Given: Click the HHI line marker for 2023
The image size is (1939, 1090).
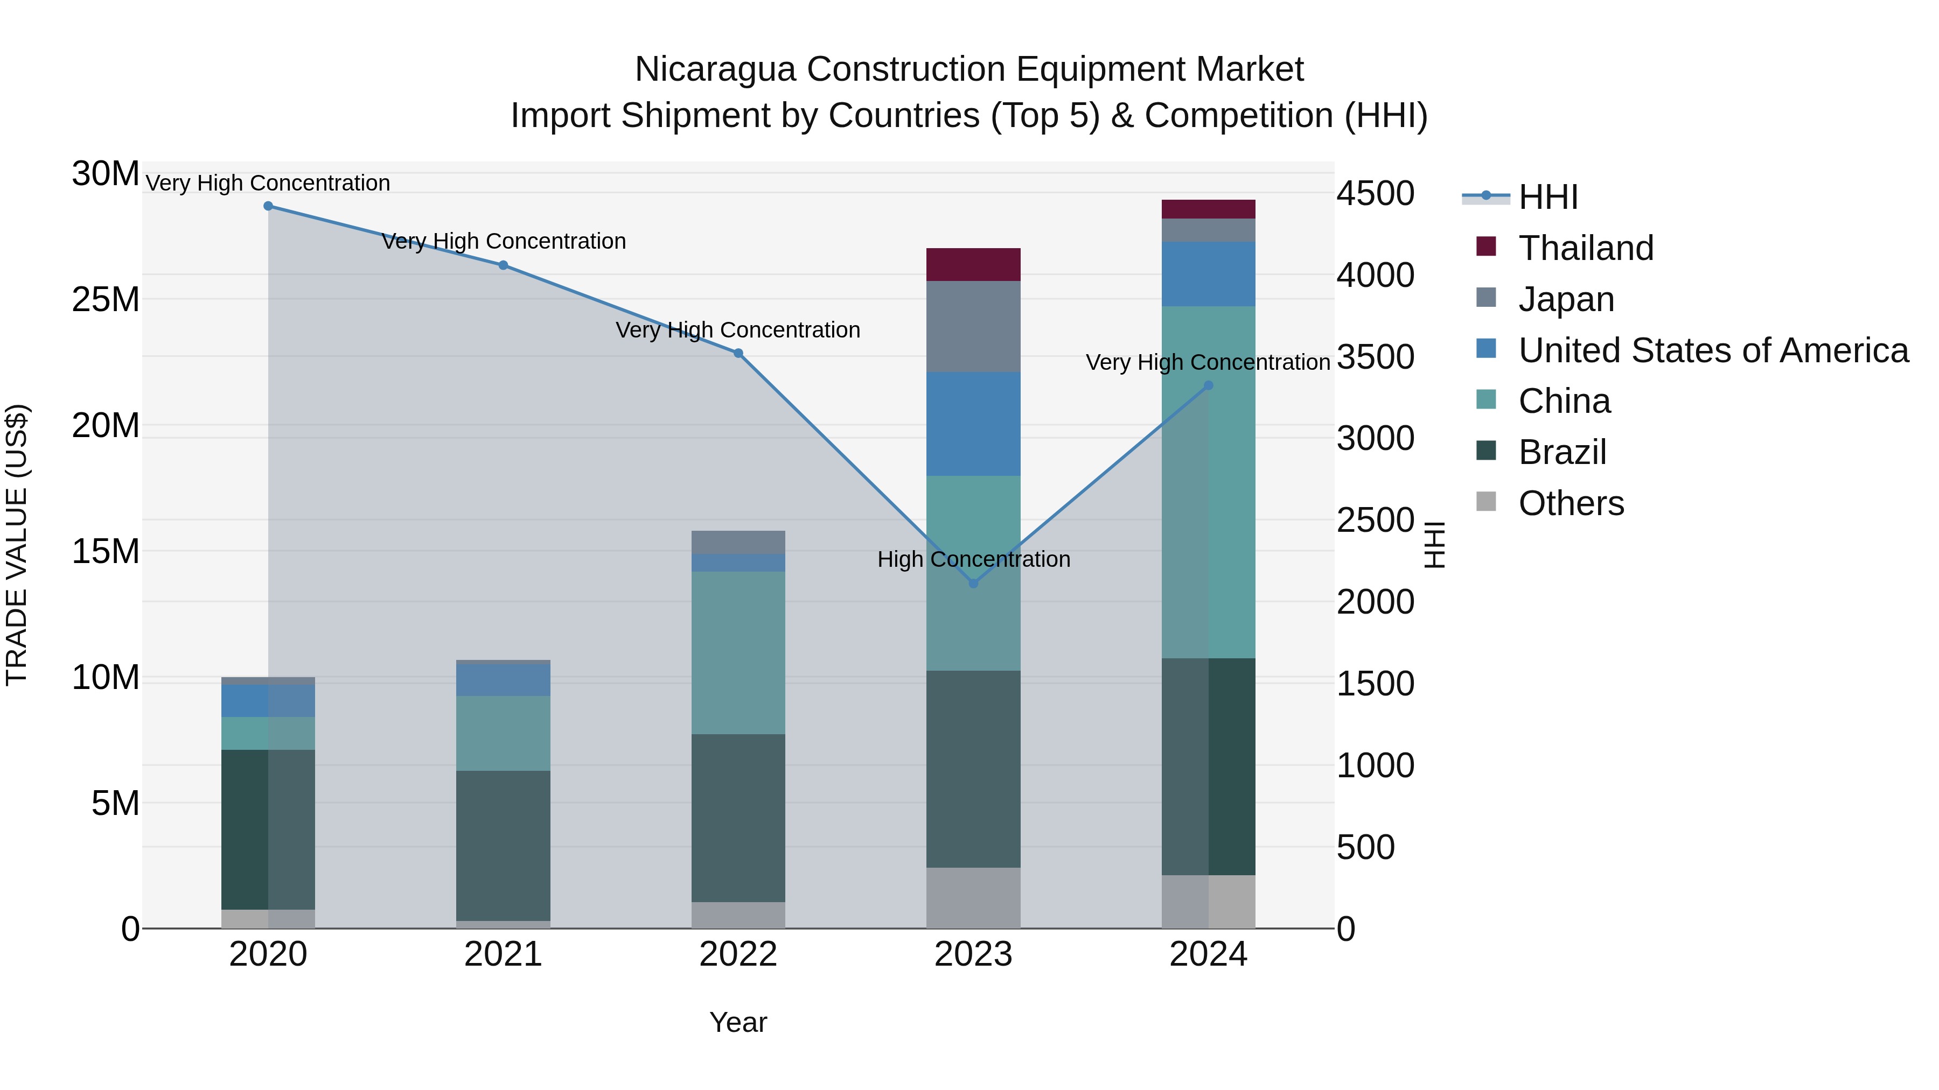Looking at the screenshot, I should point(973,583).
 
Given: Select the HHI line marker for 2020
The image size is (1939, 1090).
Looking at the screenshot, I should point(268,206).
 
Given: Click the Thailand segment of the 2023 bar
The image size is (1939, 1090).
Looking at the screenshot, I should point(973,265).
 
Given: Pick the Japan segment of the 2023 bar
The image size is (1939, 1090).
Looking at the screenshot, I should point(973,327).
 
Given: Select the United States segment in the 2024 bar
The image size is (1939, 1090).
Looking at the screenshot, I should point(1208,274).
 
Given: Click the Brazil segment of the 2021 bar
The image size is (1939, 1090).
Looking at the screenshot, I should point(503,846).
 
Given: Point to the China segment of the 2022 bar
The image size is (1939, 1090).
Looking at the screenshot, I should point(738,652).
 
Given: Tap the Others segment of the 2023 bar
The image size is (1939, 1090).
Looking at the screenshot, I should point(973,897).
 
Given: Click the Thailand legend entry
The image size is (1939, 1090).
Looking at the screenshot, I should point(1585,248).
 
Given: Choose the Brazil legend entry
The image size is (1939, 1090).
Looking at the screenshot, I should point(1562,452).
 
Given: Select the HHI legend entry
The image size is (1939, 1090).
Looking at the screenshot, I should point(1547,197).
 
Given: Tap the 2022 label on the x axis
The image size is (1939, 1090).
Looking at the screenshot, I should point(738,954).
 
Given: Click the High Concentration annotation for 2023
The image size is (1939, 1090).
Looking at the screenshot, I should point(973,559).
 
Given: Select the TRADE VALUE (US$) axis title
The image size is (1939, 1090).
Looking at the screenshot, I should point(17,545).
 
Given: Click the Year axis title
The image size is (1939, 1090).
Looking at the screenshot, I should point(738,1022).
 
